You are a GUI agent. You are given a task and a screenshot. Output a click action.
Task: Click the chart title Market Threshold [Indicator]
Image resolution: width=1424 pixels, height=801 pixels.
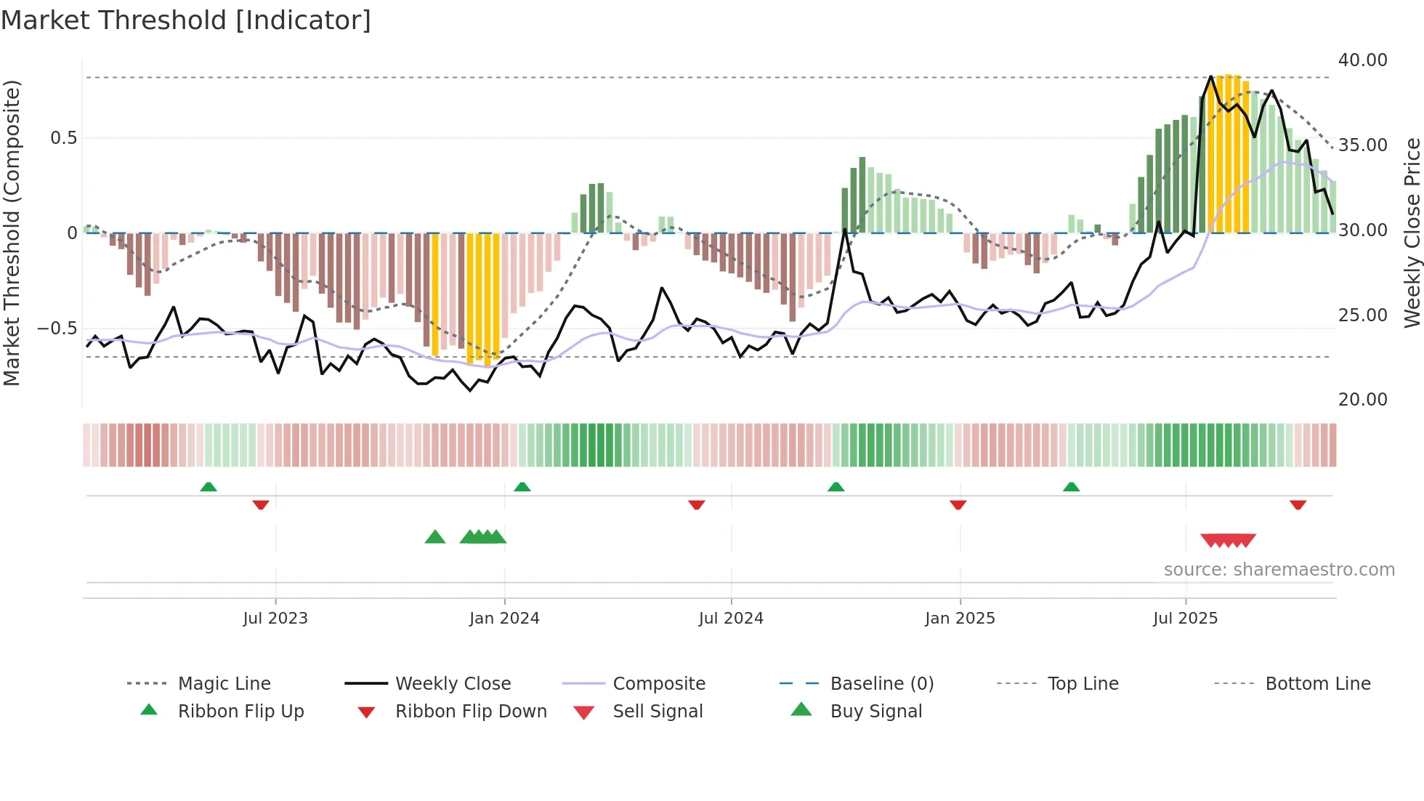click(x=186, y=20)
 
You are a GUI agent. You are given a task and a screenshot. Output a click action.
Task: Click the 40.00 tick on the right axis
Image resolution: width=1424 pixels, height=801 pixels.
click(x=1362, y=60)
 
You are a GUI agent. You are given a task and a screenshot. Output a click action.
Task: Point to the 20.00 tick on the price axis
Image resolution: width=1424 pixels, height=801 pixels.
click(x=1362, y=400)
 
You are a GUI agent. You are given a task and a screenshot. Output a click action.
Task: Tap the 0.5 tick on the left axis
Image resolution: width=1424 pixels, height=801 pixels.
click(x=63, y=138)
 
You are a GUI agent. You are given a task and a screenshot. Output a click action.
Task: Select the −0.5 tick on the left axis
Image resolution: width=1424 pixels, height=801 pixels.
click(x=57, y=329)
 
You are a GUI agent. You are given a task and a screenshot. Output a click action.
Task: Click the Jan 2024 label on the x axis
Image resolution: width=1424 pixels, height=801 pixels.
click(x=504, y=619)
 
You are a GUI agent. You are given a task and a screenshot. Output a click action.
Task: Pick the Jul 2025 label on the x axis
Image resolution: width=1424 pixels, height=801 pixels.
click(x=1185, y=619)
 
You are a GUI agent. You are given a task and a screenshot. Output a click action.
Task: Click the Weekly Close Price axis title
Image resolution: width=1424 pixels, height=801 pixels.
click(x=1412, y=233)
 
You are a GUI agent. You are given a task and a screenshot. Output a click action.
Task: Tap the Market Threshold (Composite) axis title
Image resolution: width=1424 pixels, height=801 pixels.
click(x=12, y=233)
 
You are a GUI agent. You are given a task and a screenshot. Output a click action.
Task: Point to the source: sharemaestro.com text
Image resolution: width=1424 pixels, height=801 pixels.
click(x=1279, y=570)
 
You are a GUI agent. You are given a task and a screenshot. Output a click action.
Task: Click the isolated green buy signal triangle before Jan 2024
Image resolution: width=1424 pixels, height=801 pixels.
click(x=434, y=538)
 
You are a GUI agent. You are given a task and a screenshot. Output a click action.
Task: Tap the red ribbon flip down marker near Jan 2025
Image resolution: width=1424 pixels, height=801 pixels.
click(x=958, y=504)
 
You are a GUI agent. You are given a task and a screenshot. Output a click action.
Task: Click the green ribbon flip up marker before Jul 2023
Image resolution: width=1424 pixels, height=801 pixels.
click(x=209, y=487)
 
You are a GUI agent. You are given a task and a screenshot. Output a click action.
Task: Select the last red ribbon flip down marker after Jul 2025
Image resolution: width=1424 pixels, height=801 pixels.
click(x=1298, y=504)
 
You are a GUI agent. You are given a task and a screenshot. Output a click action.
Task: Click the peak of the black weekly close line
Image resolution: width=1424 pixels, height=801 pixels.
click(x=1210, y=76)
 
